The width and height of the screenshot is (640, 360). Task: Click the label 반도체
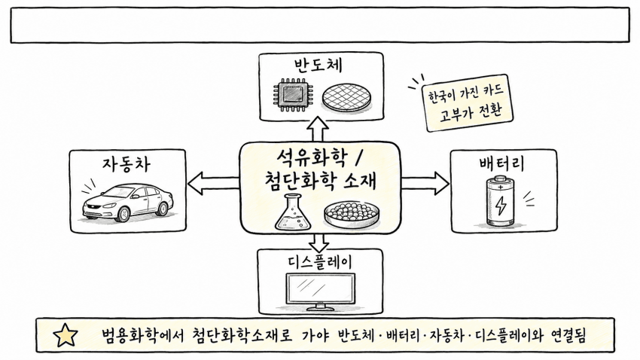coord(318,66)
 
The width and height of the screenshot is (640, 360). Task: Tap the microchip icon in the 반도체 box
coord(292,95)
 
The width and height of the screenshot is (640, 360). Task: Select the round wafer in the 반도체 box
coord(347,98)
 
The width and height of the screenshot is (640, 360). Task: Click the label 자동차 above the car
coord(126,164)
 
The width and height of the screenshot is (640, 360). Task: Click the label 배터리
coord(501,163)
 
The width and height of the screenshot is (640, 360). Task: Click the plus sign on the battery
coord(501,187)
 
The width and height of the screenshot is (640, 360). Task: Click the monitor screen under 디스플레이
coord(321,289)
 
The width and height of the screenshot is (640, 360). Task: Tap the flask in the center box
coord(294,212)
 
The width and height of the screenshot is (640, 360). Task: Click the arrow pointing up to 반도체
coord(318,129)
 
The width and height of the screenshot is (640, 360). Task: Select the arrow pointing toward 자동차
coord(213,183)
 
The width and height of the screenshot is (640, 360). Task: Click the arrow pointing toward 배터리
coord(425,183)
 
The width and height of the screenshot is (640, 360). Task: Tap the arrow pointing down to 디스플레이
coord(318,243)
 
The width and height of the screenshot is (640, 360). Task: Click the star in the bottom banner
coord(66,335)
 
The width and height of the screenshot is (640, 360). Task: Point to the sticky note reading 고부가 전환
coord(468,103)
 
